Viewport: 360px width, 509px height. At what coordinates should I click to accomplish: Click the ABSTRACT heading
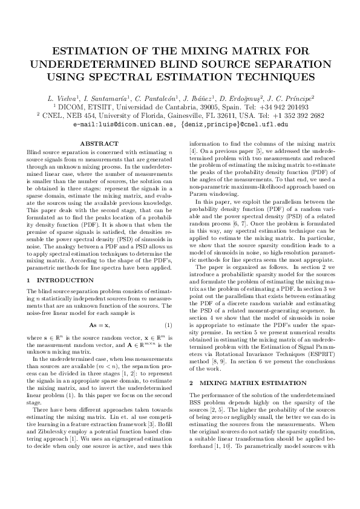coord(99,143)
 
